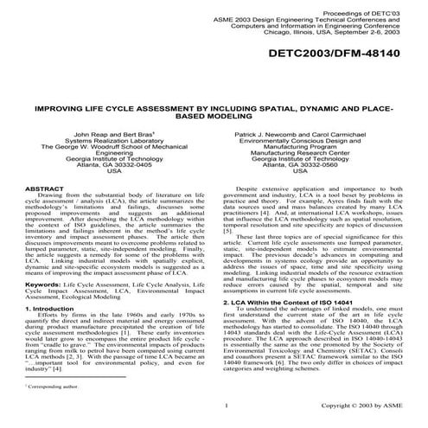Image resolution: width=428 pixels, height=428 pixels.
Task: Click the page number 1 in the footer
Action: click(x=224, y=406)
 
